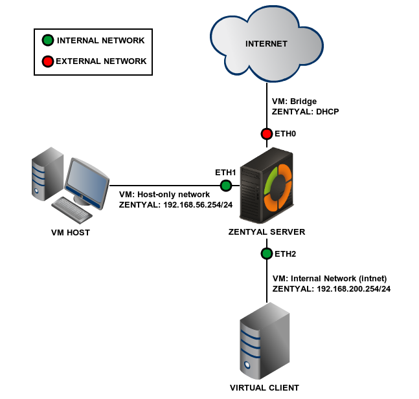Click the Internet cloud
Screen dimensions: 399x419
(x=266, y=45)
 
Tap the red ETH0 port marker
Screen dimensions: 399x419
(x=267, y=134)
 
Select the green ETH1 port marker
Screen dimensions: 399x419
(x=226, y=186)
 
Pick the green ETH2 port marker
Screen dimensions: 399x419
(x=266, y=253)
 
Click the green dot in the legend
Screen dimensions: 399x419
(x=48, y=41)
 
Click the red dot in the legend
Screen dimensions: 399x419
(x=48, y=62)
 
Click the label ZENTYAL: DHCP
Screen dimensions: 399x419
(x=306, y=112)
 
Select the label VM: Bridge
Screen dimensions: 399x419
(x=295, y=102)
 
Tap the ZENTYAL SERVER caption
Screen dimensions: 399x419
(x=266, y=232)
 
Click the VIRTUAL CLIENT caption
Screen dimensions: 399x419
(x=264, y=388)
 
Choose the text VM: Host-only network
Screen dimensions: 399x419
(x=164, y=195)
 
